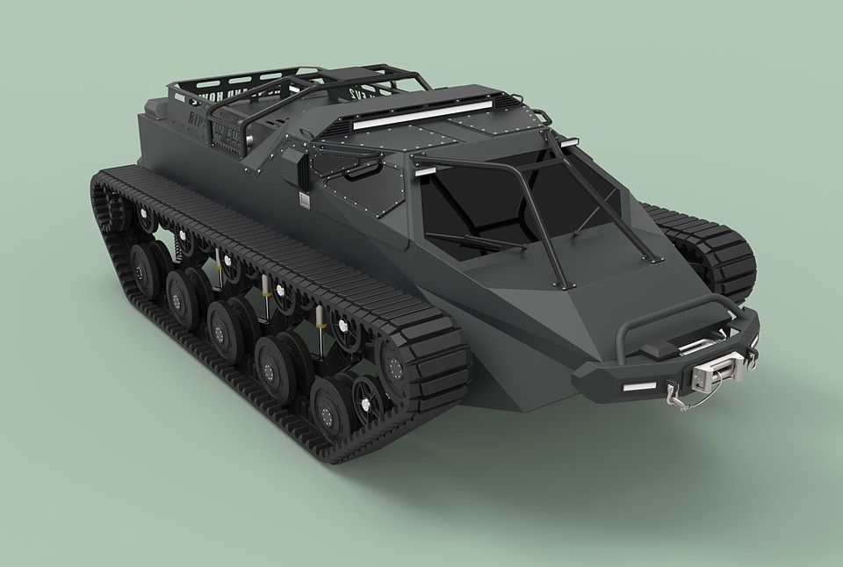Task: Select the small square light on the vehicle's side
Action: click(x=304, y=201)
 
